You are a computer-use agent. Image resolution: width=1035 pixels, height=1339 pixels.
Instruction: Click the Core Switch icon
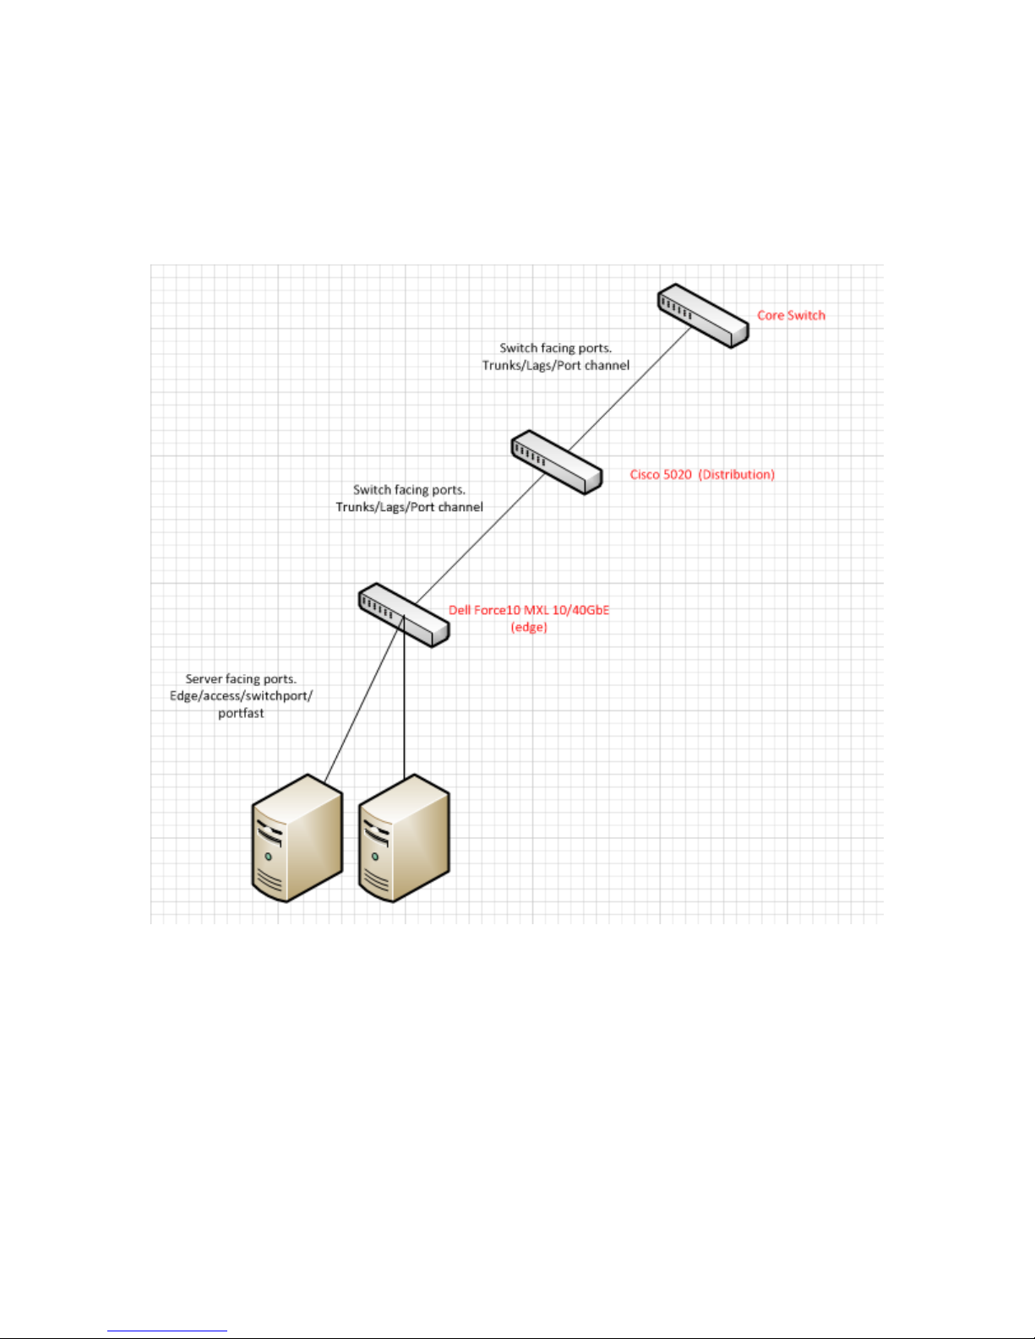tap(703, 315)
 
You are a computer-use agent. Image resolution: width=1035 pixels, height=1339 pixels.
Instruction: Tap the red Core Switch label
tap(791, 315)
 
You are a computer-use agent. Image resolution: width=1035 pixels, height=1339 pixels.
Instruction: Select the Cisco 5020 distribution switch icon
tap(556, 463)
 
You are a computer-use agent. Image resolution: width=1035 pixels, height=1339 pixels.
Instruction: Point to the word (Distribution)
tap(737, 475)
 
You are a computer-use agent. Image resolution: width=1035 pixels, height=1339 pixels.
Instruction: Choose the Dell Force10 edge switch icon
tap(403, 614)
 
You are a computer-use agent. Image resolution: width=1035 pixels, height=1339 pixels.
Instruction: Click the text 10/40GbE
tap(580, 610)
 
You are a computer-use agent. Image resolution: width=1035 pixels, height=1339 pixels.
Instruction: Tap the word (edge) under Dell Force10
tap(529, 627)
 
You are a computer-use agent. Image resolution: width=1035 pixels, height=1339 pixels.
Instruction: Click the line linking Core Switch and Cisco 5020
tap(629, 389)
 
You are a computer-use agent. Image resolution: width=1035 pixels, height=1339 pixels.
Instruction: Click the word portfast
tap(241, 713)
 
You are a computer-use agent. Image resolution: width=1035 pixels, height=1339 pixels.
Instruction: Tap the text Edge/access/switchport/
tap(241, 696)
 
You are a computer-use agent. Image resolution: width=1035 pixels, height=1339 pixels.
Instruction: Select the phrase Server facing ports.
tap(241, 678)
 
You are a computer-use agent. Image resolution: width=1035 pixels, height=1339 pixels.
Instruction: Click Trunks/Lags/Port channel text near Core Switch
tap(556, 365)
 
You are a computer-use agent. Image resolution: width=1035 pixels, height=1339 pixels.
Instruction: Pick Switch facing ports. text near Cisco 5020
tap(409, 489)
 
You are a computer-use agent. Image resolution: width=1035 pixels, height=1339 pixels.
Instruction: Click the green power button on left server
tap(269, 857)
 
